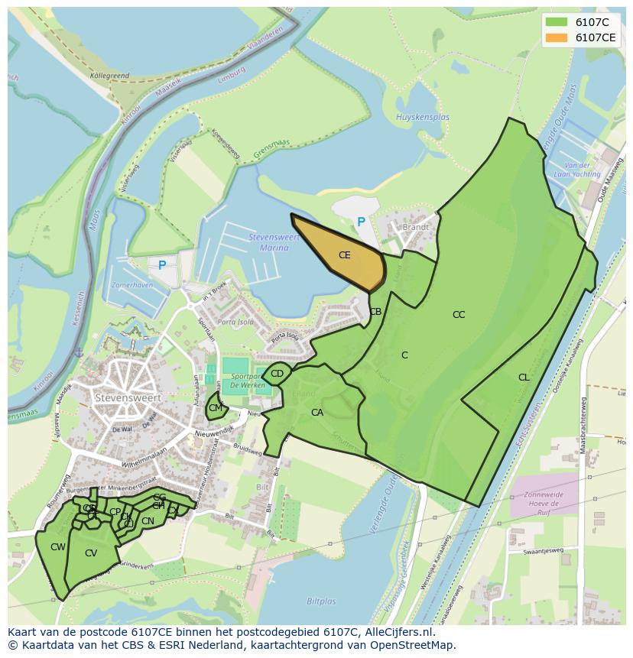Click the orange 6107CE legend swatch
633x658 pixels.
[557, 37]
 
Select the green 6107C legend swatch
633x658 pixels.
[557, 22]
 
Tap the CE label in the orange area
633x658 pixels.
[344, 255]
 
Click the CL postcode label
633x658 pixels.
[524, 378]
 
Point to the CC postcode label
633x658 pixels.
[459, 315]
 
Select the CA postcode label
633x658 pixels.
[317, 413]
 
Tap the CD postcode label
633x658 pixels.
[277, 374]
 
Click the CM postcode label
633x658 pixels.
[215, 408]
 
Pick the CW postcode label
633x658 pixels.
[58, 547]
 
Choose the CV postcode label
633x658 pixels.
[91, 553]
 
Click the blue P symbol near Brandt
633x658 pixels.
[361, 222]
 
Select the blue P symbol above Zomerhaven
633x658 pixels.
[162, 265]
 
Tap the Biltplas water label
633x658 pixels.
[322, 601]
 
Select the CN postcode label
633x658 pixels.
[148, 521]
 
